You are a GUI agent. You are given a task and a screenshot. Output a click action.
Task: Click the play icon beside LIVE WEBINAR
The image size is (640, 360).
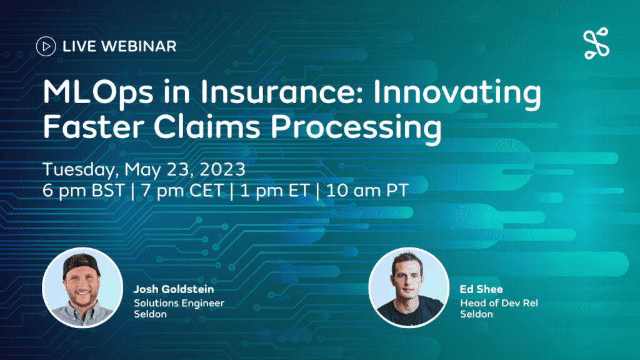tap(46, 46)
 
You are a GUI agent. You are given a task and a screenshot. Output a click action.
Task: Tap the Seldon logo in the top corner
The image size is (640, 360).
tap(596, 43)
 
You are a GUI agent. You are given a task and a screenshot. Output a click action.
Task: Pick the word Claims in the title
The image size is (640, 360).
tap(207, 126)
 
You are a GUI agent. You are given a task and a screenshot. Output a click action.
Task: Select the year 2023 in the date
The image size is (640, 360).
tap(222, 169)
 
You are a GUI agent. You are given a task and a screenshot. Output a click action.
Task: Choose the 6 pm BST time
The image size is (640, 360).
tap(83, 191)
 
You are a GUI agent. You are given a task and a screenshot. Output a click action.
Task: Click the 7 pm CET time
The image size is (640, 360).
tap(182, 191)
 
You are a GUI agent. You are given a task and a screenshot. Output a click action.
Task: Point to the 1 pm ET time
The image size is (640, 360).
tap(275, 191)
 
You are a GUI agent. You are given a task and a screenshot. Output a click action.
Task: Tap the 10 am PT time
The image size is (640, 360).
tap(367, 191)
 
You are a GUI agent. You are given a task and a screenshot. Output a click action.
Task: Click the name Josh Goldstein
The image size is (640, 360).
tap(174, 289)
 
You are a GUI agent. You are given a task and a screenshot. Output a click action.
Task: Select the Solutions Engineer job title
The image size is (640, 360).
tap(179, 303)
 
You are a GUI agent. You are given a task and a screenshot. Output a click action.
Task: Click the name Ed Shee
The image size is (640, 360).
tap(481, 289)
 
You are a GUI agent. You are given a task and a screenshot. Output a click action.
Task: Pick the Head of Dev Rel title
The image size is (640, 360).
tap(499, 303)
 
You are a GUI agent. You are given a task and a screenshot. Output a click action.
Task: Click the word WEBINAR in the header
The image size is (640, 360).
tap(138, 46)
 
